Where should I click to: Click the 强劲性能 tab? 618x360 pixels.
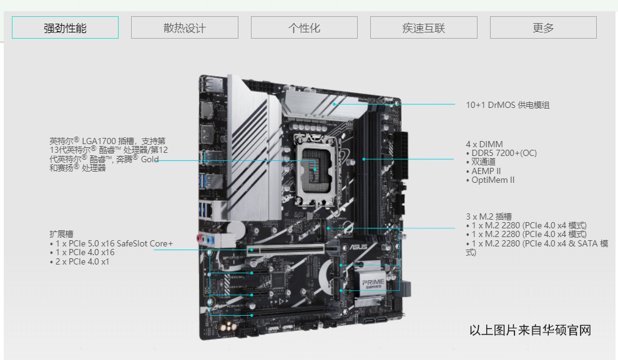65,27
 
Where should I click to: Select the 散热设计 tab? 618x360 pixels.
184,27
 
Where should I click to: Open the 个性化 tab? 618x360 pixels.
304,27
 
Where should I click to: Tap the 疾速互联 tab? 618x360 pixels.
424,27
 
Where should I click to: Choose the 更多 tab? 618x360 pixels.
543,27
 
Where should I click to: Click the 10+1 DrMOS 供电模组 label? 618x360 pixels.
508,105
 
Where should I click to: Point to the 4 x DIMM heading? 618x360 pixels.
484,144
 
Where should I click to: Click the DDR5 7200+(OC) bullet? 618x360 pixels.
501,153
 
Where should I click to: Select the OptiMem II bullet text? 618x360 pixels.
490,180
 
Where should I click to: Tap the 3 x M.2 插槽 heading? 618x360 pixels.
489,216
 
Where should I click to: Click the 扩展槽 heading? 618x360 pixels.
61,234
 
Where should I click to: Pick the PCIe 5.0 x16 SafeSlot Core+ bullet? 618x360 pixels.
111,243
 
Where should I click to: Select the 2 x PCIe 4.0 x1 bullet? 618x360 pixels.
79,261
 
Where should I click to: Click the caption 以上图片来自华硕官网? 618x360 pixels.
530,330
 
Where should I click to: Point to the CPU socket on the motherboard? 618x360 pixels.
315,170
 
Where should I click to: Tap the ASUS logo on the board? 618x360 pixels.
358,247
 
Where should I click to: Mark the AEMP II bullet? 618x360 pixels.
483,171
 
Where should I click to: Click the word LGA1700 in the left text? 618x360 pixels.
99,141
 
